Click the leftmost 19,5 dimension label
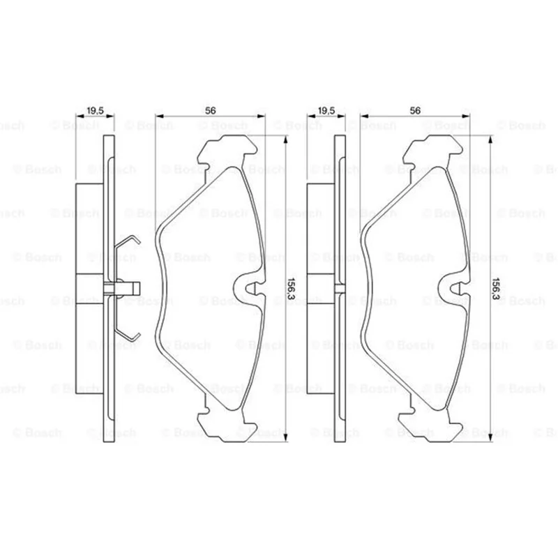pos(95,111)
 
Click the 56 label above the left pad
pos(211,111)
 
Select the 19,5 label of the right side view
pos(326,111)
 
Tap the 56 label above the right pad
pos(415,111)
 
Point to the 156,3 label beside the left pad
pos(292,289)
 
